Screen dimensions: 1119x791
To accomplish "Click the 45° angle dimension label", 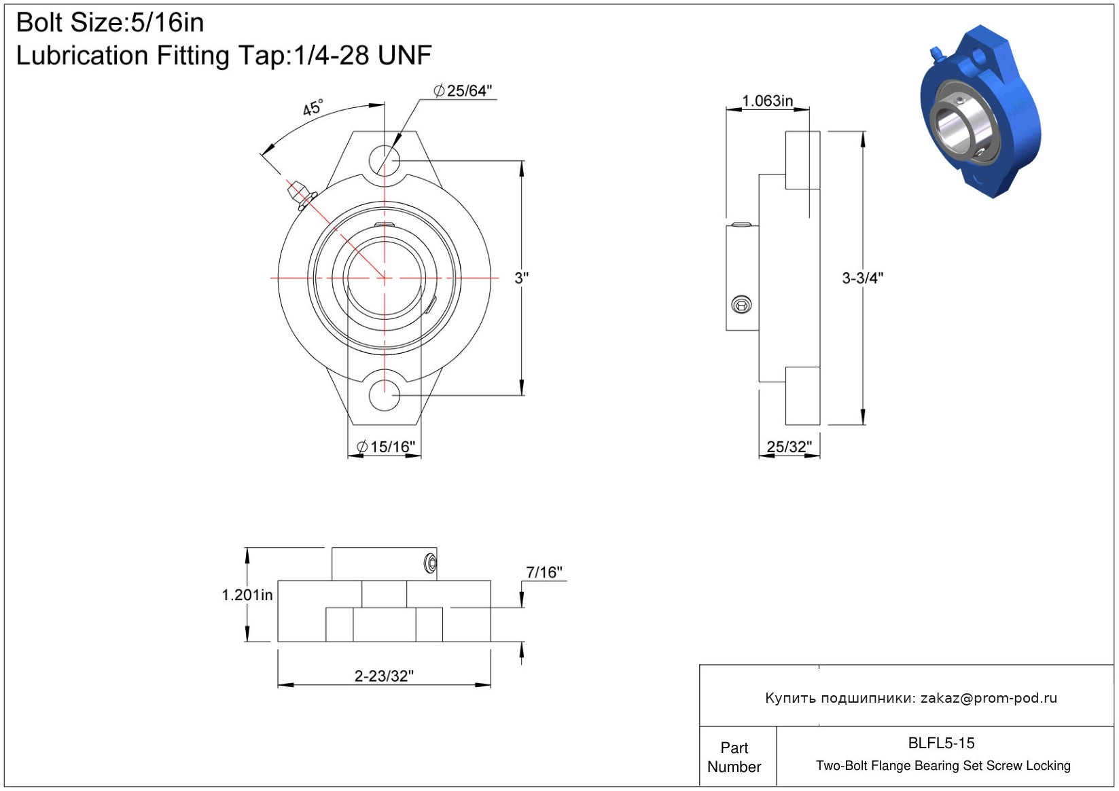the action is coord(313,107).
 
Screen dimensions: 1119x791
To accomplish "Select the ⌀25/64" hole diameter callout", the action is coord(463,91).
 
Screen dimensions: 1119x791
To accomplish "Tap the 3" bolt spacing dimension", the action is coord(522,278).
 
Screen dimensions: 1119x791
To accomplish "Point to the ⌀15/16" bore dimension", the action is coord(386,447).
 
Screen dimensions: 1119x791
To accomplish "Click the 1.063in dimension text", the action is coord(767,101).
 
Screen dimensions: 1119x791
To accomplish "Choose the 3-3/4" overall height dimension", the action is coord(863,278).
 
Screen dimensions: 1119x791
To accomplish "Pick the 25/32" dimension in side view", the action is coord(789,447).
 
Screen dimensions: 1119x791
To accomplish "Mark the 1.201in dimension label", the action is coord(247,595).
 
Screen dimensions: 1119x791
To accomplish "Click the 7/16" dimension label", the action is coord(544,572).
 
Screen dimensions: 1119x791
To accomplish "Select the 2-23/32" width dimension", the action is coord(384,676).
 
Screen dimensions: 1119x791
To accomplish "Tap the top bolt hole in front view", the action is coord(384,160).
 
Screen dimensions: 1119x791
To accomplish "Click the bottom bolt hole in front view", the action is coord(384,395).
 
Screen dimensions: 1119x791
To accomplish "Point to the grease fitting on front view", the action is coord(301,196).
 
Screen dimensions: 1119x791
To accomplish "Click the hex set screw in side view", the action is coord(741,305).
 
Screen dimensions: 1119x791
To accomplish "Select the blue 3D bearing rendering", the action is coord(981,111).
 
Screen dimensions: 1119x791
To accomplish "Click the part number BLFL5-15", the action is coord(941,743).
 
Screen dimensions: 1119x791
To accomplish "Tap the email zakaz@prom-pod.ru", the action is coord(989,698).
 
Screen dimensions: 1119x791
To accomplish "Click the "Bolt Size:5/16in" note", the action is coord(110,22).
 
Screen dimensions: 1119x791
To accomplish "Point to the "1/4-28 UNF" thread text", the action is coord(363,55).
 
